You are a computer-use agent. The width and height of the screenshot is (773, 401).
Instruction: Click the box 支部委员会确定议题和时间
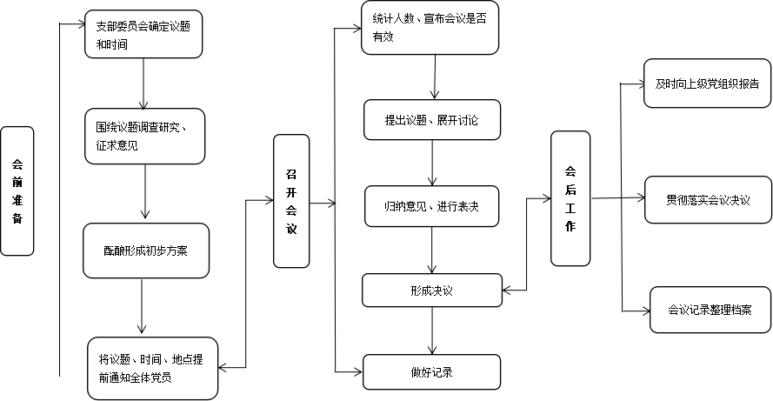click(143, 34)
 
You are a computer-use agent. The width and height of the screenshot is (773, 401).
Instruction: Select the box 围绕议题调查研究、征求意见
click(144, 137)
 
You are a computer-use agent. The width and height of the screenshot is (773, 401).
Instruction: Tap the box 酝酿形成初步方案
click(146, 251)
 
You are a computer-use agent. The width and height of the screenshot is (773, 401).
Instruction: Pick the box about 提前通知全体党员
click(153, 369)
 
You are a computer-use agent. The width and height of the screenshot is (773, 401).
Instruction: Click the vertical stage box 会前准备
click(17, 190)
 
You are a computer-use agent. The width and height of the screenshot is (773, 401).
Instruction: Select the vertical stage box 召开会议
click(291, 201)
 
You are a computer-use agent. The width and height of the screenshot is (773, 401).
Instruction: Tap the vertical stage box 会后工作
click(570, 198)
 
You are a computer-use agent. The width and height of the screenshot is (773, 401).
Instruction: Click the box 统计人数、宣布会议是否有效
click(430, 28)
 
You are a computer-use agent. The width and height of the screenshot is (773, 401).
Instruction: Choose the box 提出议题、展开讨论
click(432, 120)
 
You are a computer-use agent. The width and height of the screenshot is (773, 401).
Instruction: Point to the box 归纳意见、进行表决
click(432, 206)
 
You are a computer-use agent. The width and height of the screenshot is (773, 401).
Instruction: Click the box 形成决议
click(432, 291)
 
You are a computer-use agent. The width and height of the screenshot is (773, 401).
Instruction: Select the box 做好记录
click(432, 372)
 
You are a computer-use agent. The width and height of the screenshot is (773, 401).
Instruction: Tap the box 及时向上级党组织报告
click(708, 84)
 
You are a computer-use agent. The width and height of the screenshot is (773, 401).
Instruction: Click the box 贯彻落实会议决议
click(709, 200)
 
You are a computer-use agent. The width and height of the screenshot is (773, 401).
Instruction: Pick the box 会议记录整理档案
click(710, 310)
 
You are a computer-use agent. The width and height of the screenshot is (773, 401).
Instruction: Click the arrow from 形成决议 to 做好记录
click(432, 331)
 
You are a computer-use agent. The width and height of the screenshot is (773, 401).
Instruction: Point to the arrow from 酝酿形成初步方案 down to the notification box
click(142, 306)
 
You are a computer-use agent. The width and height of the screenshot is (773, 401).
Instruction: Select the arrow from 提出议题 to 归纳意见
click(432, 163)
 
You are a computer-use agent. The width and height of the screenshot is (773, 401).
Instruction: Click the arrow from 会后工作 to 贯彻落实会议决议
click(618, 198)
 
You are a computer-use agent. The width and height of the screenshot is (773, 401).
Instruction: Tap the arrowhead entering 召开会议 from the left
click(270, 200)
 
